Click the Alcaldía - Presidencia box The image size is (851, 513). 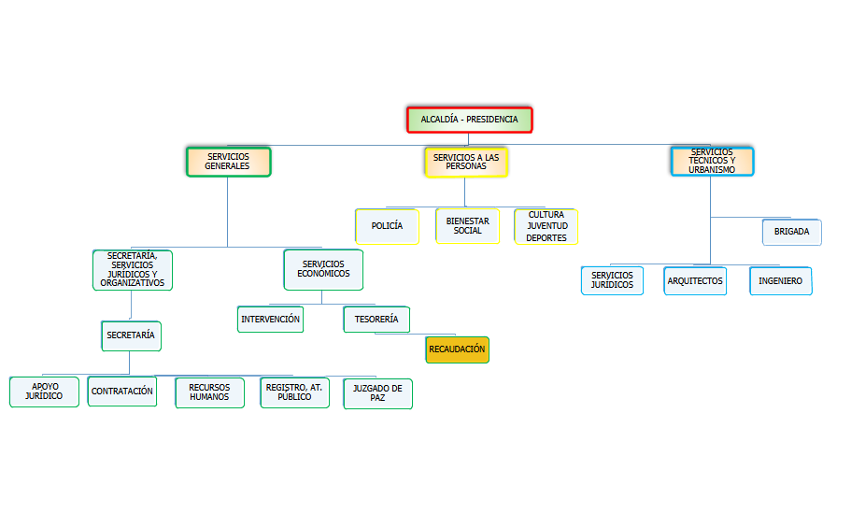pyautogui.click(x=469, y=120)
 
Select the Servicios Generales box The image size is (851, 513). pyautogui.click(x=228, y=161)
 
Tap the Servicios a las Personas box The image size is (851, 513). pyautogui.click(x=466, y=162)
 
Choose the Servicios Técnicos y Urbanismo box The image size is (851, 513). pyautogui.click(x=712, y=161)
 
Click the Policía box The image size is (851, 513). pyautogui.click(x=387, y=226)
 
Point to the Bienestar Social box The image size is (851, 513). pyautogui.click(x=467, y=225)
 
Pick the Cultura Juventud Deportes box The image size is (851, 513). pyautogui.click(x=546, y=226)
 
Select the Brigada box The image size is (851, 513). pyautogui.click(x=791, y=232)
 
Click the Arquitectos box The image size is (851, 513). pyautogui.click(x=695, y=281)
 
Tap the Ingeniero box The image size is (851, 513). pyautogui.click(x=780, y=281)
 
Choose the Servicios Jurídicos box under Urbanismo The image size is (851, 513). pyautogui.click(x=612, y=280)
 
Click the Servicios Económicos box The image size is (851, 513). pyautogui.click(x=323, y=269)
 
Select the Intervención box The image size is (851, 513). pyautogui.click(x=271, y=320)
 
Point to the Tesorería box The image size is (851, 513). pyautogui.click(x=376, y=320)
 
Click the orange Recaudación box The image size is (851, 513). pyautogui.click(x=457, y=349)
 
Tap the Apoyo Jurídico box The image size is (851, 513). pyautogui.click(x=45, y=392)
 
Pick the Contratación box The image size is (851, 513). pyautogui.click(x=122, y=392)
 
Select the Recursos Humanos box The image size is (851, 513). pyautogui.click(x=209, y=392)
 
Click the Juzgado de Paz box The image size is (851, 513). pyautogui.click(x=377, y=392)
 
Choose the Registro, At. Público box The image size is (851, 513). pyautogui.click(x=294, y=392)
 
